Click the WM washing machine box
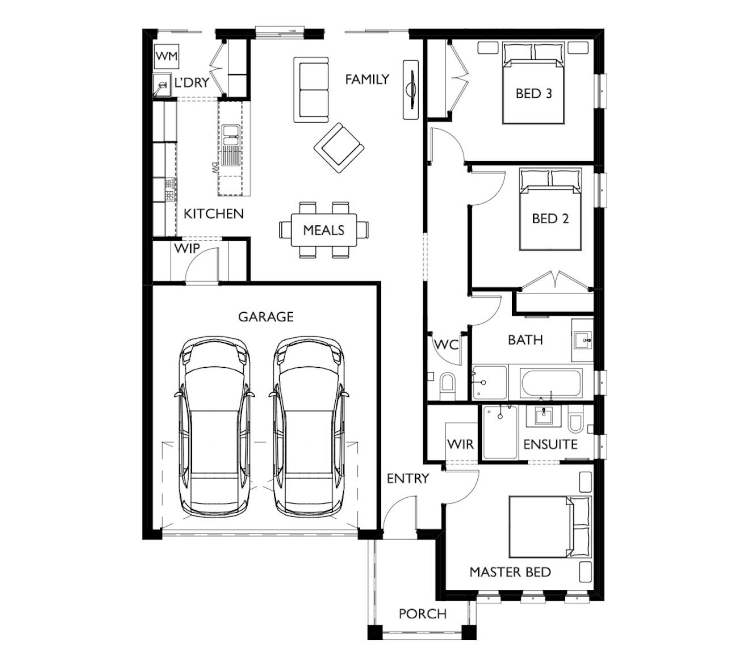click(x=166, y=56)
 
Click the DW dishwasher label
click(x=215, y=168)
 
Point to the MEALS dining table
click(x=324, y=230)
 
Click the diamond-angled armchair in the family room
click(x=339, y=148)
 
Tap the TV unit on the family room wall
click(x=411, y=89)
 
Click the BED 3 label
click(x=534, y=94)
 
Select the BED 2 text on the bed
click(x=550, y=219)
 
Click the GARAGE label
click(x=266, y=317)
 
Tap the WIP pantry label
click(x=187, y=249)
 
